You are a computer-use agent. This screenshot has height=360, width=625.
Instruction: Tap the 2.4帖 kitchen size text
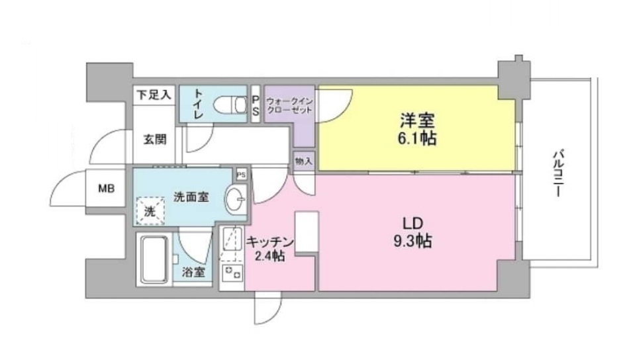269,255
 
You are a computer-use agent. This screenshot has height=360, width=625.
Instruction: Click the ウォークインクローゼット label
289,106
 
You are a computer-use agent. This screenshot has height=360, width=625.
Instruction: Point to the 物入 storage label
304,161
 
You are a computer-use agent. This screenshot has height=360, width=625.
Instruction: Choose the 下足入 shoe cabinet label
154,95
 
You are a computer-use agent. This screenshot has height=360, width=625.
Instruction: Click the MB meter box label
107,189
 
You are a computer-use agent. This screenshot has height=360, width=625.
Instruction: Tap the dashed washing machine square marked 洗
150,212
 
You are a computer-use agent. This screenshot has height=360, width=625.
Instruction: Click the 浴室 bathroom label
194,273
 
